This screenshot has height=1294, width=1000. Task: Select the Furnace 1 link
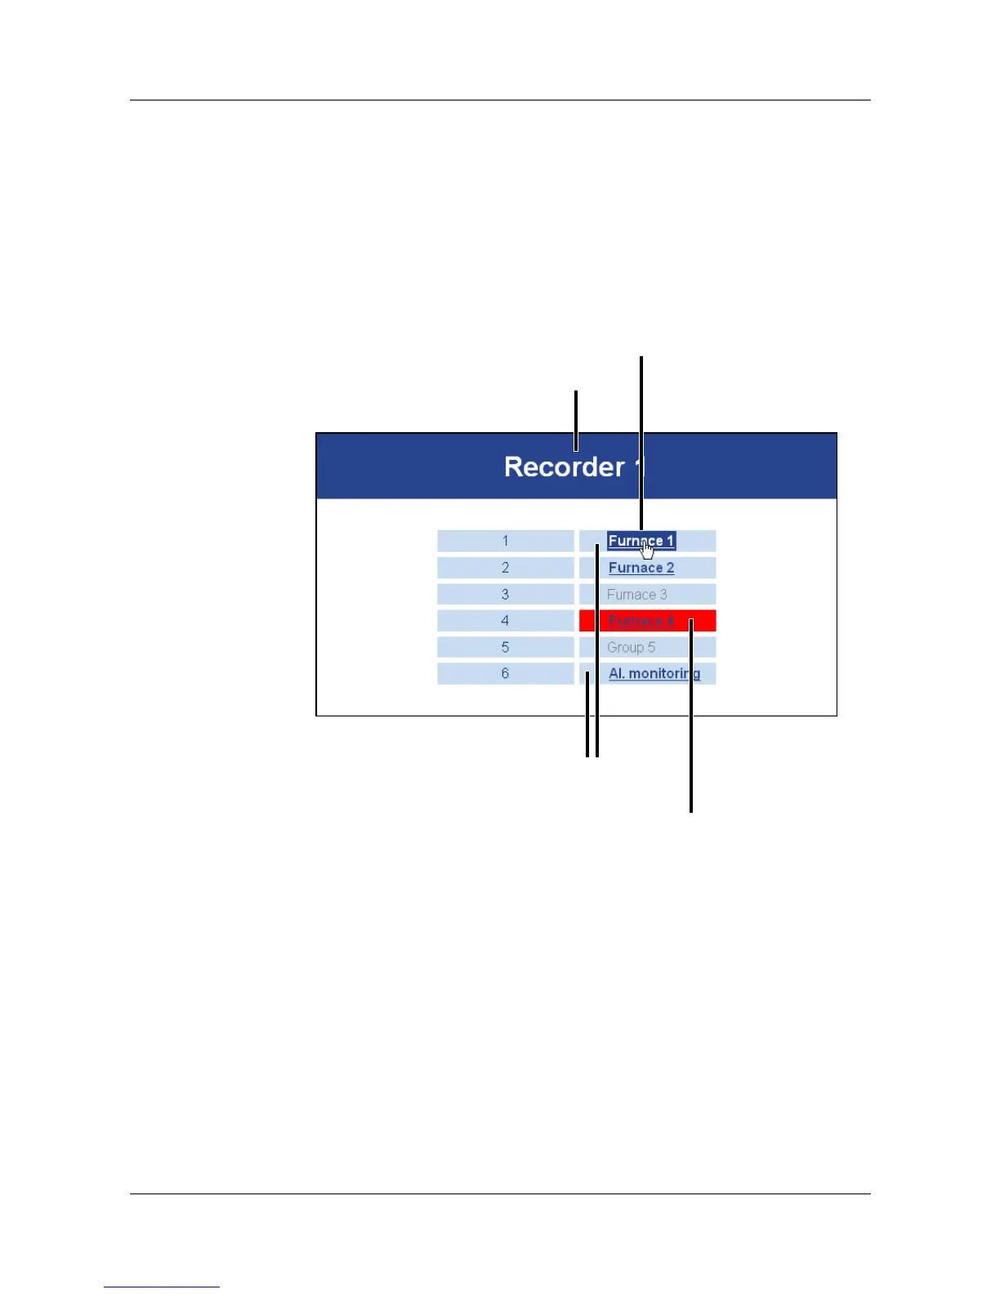click(641, 541)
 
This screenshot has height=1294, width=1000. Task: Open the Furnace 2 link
click(641, 568)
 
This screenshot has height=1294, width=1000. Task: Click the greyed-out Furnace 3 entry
click(636, 595)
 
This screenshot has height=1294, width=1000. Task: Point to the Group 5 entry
click(631, 648)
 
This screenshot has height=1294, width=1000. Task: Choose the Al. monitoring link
click(654, 674)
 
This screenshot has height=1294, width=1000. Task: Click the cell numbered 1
click(505, 541)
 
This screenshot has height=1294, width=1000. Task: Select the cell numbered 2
click(505, 568)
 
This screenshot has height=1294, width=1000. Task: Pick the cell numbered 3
click(505, 595)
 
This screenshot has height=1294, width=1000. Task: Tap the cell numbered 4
click(505, 621)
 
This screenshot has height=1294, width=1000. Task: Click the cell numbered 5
click(505, 648)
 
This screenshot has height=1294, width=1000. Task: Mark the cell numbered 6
click(505, 674)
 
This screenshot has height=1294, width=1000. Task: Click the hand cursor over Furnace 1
click(647, 550)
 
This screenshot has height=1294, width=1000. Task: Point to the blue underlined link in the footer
click(162, 1287)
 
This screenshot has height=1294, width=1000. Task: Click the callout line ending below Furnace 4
click(691, 735)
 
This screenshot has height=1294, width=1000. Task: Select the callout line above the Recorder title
click(576, 417)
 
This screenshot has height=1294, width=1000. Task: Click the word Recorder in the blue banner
click(564, 467)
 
